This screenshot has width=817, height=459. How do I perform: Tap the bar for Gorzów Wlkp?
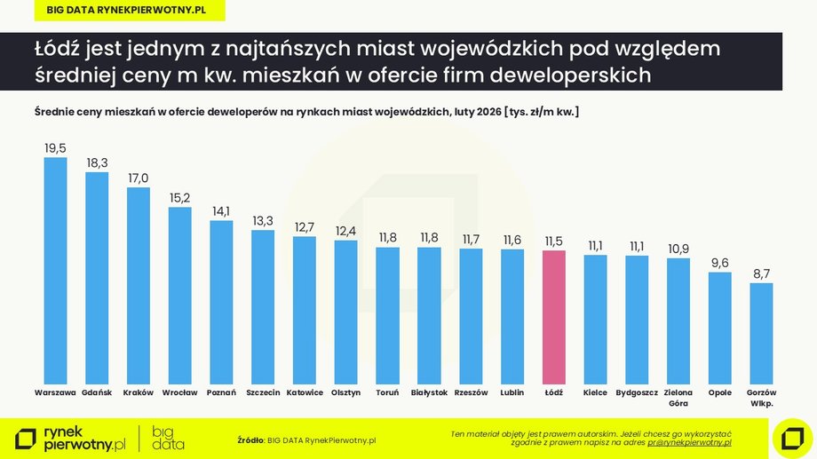point(762,333)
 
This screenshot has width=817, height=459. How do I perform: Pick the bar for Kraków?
point(139,285)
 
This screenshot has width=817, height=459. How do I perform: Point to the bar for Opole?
point(720,328)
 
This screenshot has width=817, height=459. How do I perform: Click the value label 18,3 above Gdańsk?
point(97,162)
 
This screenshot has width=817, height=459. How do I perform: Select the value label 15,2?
point(180,198)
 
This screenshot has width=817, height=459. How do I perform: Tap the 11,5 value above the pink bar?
point(554,241)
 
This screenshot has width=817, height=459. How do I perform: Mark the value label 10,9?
point(678,248)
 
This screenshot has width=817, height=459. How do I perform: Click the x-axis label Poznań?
point(221,392)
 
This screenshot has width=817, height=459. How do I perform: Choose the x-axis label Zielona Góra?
point(678,397)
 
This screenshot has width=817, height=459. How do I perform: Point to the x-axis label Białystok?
point(429,392)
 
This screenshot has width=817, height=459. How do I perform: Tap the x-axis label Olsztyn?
point(345,392)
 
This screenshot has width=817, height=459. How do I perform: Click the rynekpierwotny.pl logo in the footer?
point(71,438)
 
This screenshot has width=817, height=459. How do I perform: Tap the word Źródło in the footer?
point(250,439)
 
